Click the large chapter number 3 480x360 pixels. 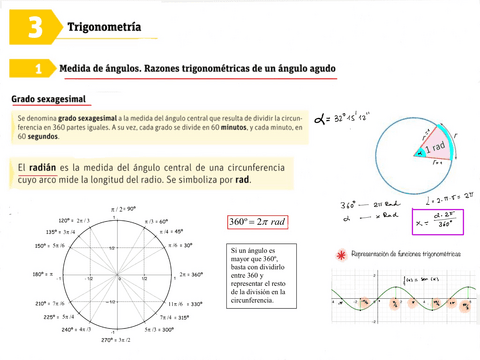click(33, 27)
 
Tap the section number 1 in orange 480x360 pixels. click(36, 69)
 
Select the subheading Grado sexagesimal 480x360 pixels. click(48, 100)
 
